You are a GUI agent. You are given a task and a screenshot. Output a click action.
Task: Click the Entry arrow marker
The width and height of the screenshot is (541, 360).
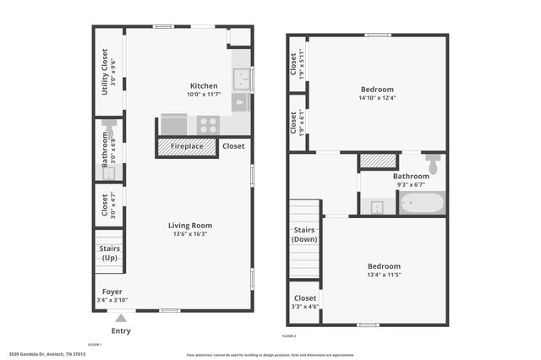[121, 318]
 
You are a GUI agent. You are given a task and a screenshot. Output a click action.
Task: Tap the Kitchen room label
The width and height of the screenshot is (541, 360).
[204, 86]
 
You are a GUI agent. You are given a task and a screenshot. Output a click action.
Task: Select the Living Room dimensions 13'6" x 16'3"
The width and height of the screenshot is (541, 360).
[189, 234]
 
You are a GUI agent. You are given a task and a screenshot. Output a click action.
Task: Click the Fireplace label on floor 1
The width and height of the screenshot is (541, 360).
[187, 146]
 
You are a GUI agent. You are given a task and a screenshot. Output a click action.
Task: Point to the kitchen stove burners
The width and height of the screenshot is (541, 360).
[208, 125]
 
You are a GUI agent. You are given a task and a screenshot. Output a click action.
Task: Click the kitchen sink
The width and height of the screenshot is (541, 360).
[242, 80]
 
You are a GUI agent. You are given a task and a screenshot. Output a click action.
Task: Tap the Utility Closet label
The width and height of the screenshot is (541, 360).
[105, 71]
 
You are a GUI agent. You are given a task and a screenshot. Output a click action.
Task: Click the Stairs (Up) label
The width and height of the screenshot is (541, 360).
[109, 253]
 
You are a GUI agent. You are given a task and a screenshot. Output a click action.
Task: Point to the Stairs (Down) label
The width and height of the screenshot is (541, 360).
[304, 234]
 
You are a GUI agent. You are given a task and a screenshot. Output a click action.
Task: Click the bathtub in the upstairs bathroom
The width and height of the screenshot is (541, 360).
[420, 204]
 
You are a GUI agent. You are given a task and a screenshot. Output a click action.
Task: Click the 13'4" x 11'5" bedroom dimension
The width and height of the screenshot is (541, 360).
[383, 274]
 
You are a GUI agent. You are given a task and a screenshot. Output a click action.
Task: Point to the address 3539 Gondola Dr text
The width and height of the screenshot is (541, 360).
[47, 354]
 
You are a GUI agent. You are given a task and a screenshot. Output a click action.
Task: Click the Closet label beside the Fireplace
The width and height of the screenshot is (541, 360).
[233, 146]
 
